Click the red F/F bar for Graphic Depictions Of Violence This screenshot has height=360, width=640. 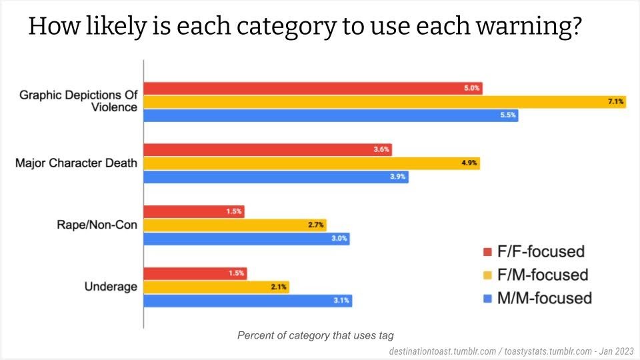[313, 88]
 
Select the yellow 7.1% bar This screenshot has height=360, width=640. [385, 102]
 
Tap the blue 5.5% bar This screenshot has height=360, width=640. [331, 116]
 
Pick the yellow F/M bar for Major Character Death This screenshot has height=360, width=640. [312, 163]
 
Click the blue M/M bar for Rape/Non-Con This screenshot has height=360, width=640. [247, 239]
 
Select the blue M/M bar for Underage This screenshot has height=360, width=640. [248, 301]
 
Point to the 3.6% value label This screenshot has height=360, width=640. [381, 149]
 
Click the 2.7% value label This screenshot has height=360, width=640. [316, 225]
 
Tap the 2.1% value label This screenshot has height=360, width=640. [279, 287]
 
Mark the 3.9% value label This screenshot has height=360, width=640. [397, 177]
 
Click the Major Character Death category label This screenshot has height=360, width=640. [76, 163]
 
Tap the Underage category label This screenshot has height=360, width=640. [111, 287]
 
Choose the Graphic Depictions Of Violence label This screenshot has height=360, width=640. [79, 101]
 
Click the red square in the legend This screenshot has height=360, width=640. [487, 252]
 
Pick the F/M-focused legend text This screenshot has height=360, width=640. [543, 275]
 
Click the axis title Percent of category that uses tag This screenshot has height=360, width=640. [320, 335]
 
